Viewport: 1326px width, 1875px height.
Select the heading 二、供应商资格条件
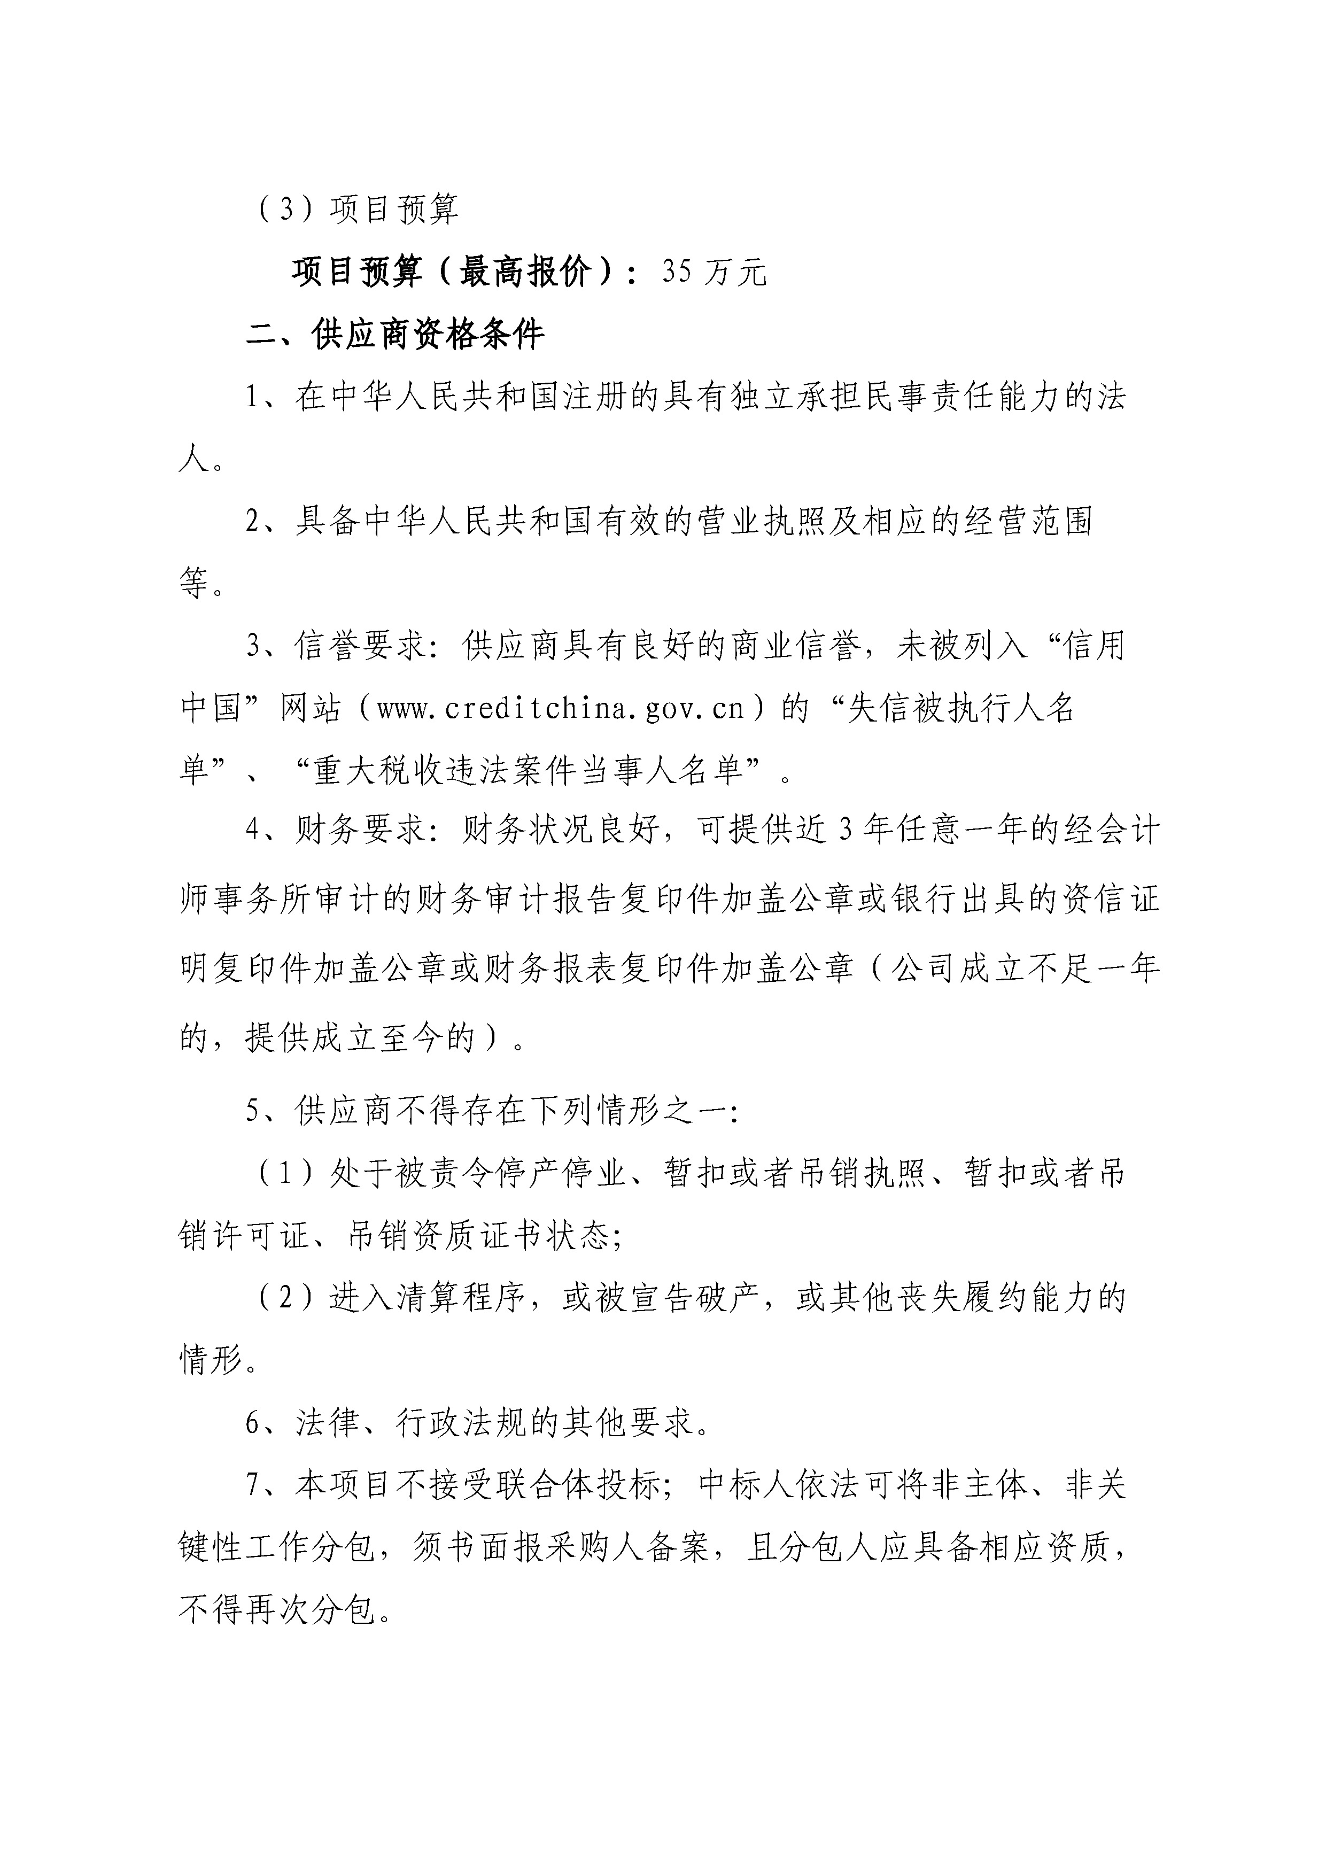(395, 335)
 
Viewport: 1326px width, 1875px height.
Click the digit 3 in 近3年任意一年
(846, 831)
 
